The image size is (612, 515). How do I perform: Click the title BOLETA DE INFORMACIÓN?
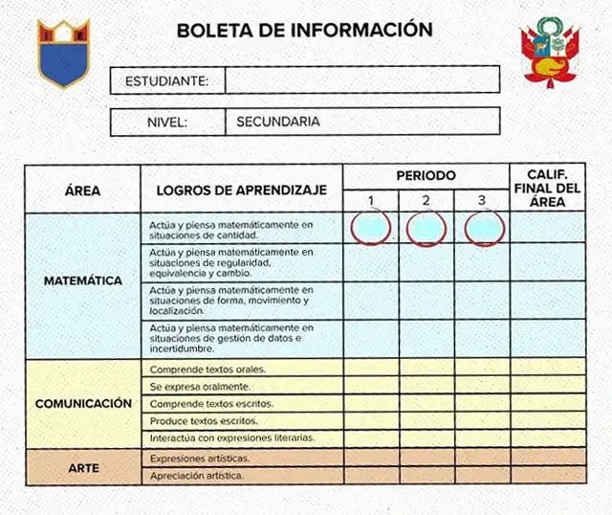coord(304,30)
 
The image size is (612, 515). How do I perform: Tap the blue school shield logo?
coord(62,52)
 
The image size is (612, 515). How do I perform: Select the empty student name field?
coord(361,79)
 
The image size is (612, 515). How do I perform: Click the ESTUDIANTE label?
coord(167,80)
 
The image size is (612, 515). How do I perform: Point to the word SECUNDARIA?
coord(278,122)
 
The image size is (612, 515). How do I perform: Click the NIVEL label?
coord(166,123)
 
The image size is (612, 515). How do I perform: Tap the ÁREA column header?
coord(82,190)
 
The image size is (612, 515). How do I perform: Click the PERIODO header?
coord(426,176)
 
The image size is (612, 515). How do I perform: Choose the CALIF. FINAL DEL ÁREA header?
coord(547,189)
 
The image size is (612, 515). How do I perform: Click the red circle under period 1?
coord(370,228)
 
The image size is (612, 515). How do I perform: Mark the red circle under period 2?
coord(426,229)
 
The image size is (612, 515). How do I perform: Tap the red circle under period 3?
coord(484,228)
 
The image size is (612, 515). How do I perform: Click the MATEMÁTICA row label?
coord(82,281)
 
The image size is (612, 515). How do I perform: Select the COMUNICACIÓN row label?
coord(83,403)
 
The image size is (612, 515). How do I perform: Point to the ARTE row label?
coord(83,468)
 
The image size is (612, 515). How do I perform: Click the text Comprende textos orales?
coord(208,369)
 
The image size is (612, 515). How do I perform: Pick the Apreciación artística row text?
coord(197,475)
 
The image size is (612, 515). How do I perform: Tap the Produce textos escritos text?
coord(204,420)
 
